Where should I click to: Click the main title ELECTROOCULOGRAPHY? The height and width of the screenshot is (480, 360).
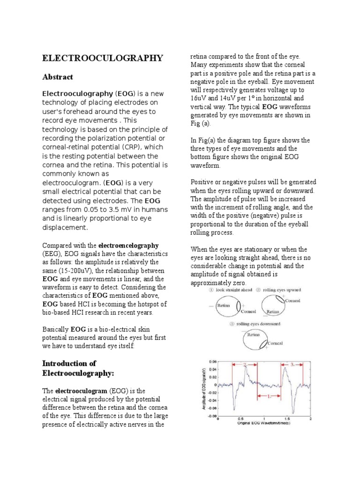click(x=103, y=58)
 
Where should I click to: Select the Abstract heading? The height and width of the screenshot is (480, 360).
click(x=58, y=76)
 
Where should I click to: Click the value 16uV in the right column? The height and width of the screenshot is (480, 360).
click(x=199, y=98)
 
